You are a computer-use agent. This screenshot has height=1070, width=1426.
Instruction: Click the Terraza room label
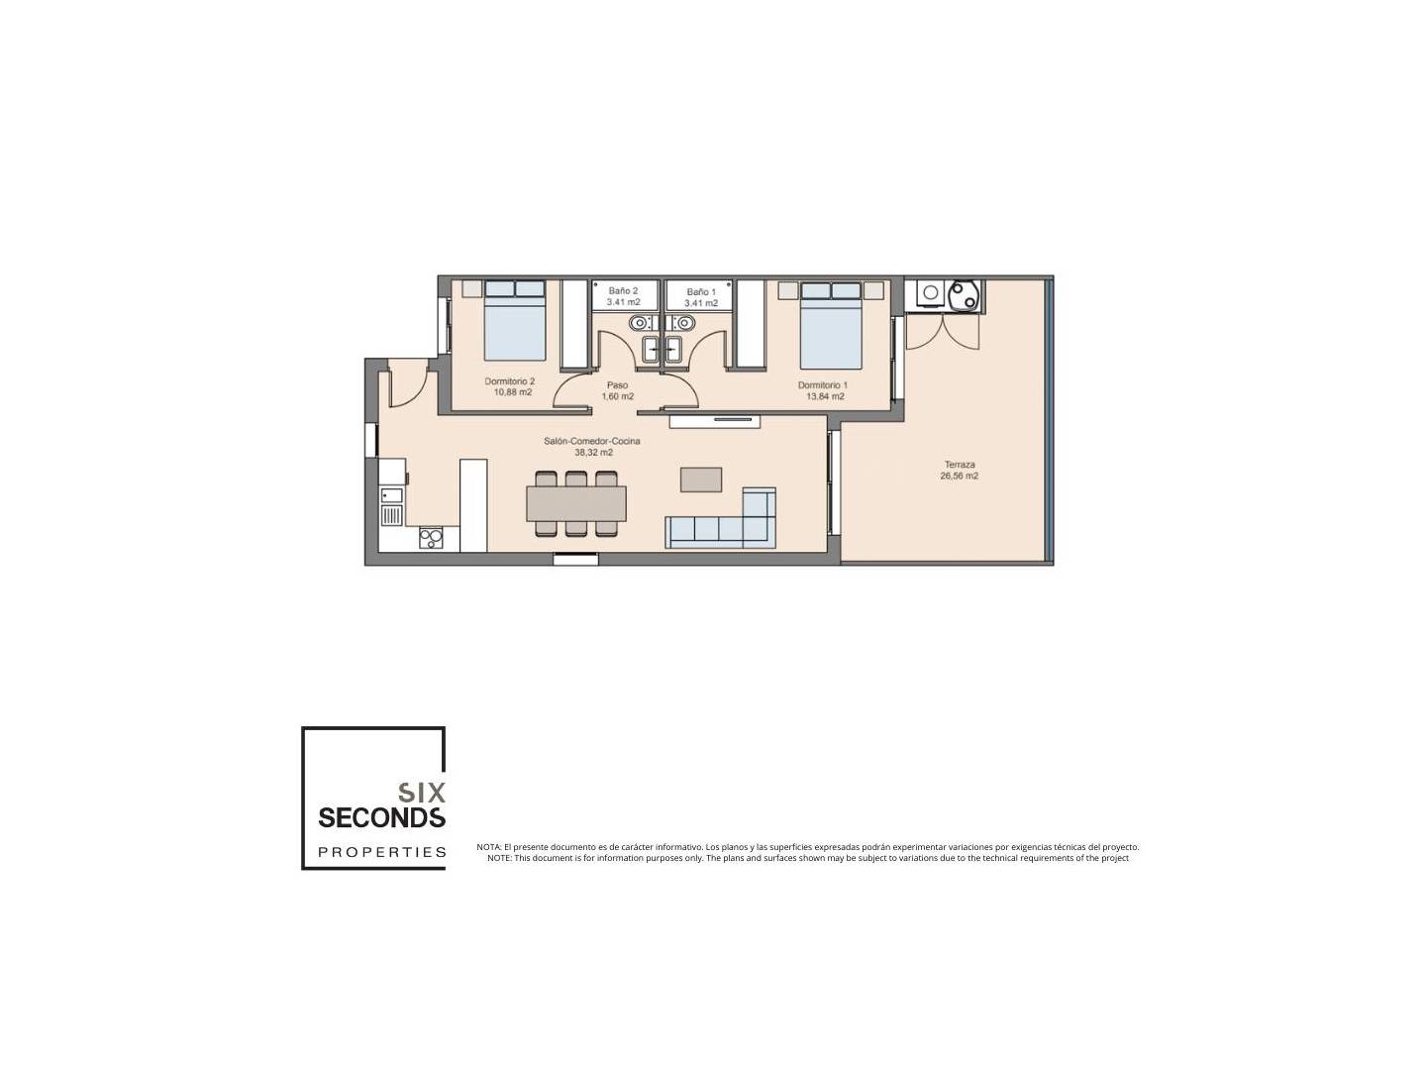click(x=959, y=465)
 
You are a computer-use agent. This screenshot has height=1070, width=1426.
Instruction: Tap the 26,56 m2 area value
click(x=959, y=476)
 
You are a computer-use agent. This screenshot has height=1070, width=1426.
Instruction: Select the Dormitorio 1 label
click(x=823, y=385)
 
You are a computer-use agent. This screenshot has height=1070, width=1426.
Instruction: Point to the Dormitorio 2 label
click(x=510, y=381)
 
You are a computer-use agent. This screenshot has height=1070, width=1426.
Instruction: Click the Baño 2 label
click(x=623, y=291)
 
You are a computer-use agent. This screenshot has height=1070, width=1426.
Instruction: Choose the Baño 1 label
click(x=701, y=292)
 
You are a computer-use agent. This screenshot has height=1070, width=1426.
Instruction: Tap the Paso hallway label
click(x=617, y=385)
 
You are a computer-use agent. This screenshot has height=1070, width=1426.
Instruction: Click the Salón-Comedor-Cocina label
click(x=592, y=441)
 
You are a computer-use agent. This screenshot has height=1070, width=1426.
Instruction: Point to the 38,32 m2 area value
click(x=593, y=452)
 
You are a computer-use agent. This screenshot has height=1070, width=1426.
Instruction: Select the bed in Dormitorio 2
click(x=515, y=320)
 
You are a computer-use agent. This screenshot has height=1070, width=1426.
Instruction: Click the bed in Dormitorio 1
click(x=830, y=325)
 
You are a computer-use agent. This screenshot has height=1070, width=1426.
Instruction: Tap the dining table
click(x=576, y=503)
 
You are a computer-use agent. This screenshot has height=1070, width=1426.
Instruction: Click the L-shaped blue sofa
click(x=721, y=520)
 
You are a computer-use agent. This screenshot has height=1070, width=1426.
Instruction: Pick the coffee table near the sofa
click(x=701, y=480)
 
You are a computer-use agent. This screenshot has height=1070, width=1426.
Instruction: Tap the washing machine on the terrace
click(x=931, y=293)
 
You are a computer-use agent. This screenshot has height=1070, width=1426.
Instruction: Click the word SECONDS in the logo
click(x=381, y=817)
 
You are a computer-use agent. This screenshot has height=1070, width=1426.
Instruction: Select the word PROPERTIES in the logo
click(x=382, y=852)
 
